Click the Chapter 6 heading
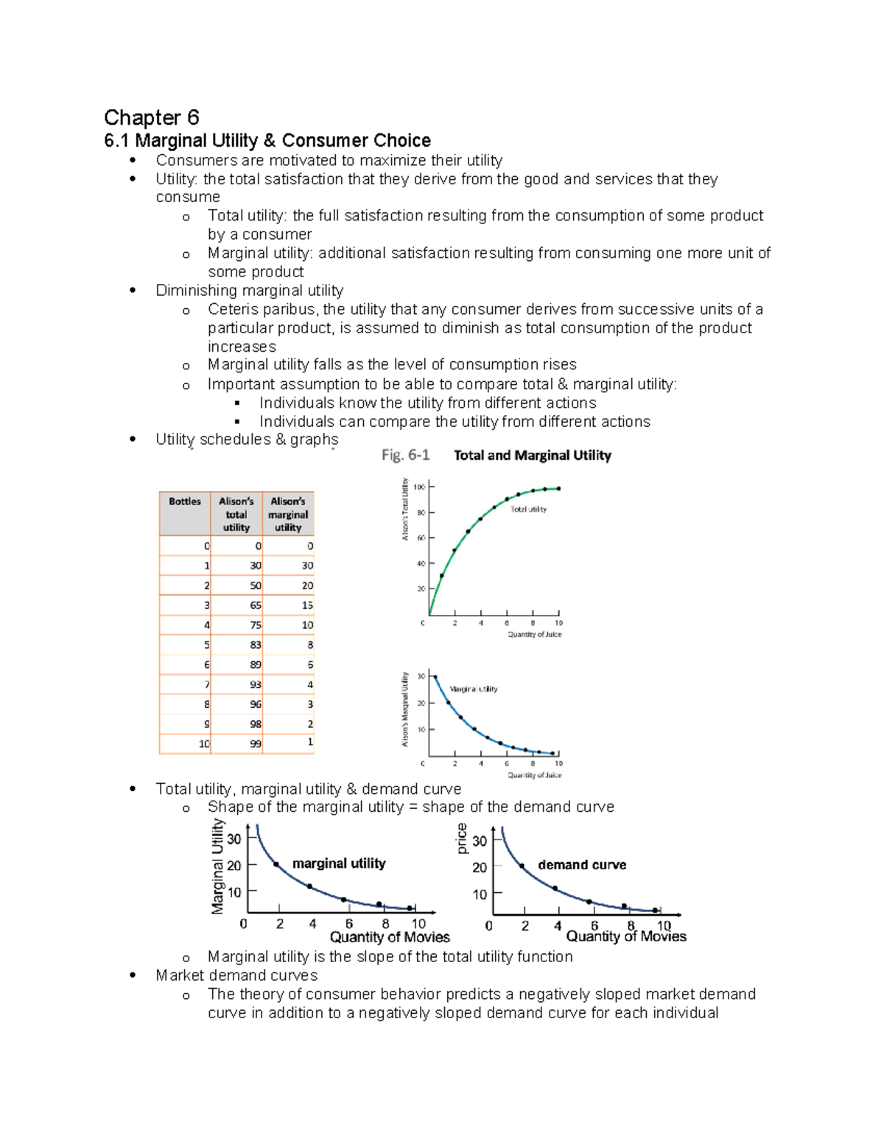(x=151, y=117)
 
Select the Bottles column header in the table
(x=184, y=502)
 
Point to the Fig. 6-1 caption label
(x=405, y=455)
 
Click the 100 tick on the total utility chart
(x=419, y=487)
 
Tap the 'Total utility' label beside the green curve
(x=528, y=509)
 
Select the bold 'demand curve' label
(x=582, y=865)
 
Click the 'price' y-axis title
(x=462, y=839)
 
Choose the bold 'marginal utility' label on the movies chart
(x=339, y=863)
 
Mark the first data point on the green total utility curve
(x=442, y=576)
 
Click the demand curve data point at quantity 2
(x=522, y=866)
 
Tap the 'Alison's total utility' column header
(x=236, y=514)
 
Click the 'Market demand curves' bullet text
(x=236, y=975)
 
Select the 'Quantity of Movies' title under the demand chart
(x=625, y=936)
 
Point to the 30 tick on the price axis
(x=480, y=841)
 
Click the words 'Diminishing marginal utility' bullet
(x=249, y=290)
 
